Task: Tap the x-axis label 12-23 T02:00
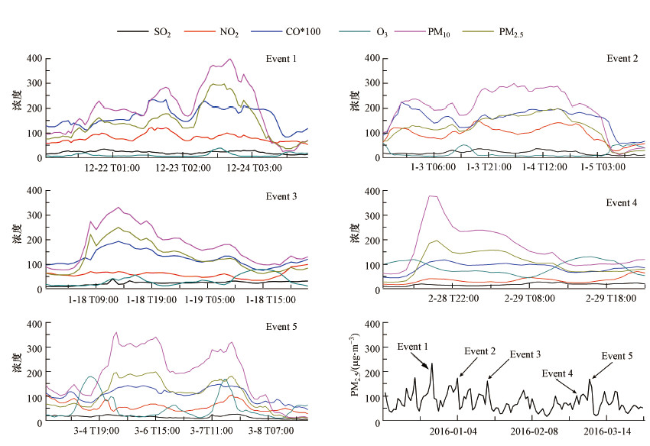177,167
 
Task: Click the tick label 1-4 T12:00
544,167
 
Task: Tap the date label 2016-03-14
608,431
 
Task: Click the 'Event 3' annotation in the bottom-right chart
525,354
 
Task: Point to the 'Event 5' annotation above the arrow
617,356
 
